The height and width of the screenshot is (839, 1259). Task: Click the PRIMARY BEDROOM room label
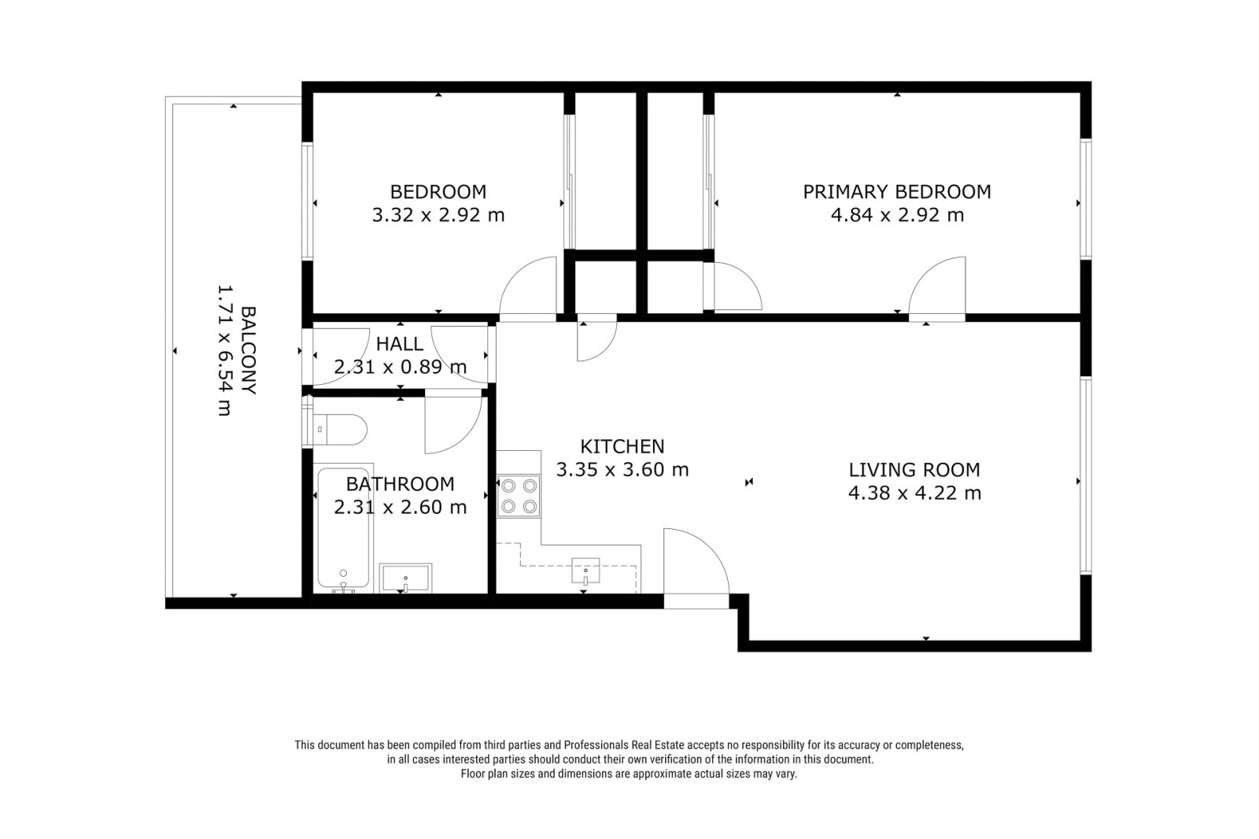coord(896,192)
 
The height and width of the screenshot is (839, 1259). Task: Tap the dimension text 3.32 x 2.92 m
coord(438,215)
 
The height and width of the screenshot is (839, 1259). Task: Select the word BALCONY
coord(248,349)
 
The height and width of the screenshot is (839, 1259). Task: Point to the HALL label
coord(400,344)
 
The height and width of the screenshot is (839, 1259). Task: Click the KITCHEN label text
coord(622,446)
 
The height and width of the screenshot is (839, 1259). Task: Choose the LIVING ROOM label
coord(914,470)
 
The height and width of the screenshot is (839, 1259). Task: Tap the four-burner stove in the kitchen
coord(519,496)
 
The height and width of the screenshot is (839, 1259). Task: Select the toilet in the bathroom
coord(335,430)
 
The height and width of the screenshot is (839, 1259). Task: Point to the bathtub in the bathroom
coord(343,528)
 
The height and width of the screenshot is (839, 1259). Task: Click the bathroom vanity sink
coord(405,578)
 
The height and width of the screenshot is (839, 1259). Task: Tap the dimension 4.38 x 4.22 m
coord(914,493)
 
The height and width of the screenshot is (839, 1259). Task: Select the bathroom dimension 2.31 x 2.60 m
coord(401,507)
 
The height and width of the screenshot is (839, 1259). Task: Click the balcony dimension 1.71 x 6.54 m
coord(225,350)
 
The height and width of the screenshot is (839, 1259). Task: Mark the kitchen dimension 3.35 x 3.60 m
coord(622,470)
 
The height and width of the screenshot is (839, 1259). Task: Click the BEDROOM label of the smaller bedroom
coord(438,192)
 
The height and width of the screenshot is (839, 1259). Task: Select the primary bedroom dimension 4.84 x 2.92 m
coord(897,215)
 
